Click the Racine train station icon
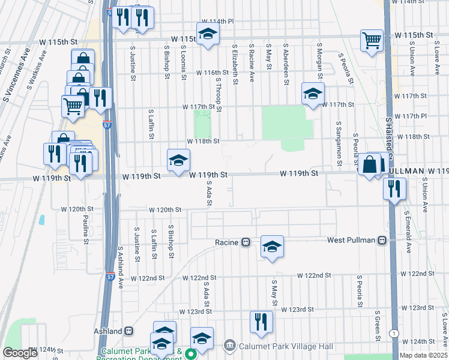coord(246,242)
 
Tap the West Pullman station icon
coord(382,240)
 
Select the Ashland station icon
coord(129,331)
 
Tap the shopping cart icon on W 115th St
coord(372,41)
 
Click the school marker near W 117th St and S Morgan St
coord(313,94)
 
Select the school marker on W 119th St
coord(178,160)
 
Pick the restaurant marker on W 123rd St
coord(261,322)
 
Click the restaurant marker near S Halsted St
coord(395,188)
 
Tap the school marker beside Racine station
coord(272,247)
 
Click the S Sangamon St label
coord(339,143)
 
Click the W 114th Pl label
coord(217,22)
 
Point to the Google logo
coord(20,353)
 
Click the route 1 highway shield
coord(393,334)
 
